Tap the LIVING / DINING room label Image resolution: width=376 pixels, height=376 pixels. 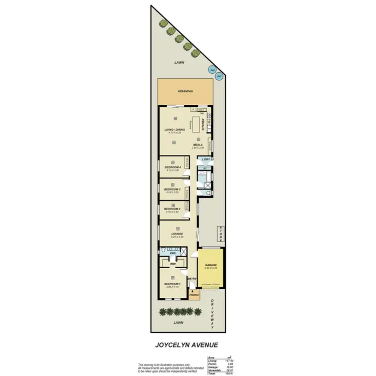175,130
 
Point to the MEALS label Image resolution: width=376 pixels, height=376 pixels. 198,145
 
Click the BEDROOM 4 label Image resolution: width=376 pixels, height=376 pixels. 172,167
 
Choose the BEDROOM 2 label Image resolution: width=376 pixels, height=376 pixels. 172,209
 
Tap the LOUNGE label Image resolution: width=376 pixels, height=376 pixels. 177,234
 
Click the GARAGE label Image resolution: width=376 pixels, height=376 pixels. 210,265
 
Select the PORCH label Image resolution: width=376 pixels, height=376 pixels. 194,295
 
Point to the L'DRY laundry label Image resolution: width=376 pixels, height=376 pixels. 205,159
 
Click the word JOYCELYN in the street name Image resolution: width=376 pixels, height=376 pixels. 169,345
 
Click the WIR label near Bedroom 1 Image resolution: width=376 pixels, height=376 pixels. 172,264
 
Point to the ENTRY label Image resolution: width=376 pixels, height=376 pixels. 192,279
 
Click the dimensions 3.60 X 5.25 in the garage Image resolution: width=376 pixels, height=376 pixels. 210,269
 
